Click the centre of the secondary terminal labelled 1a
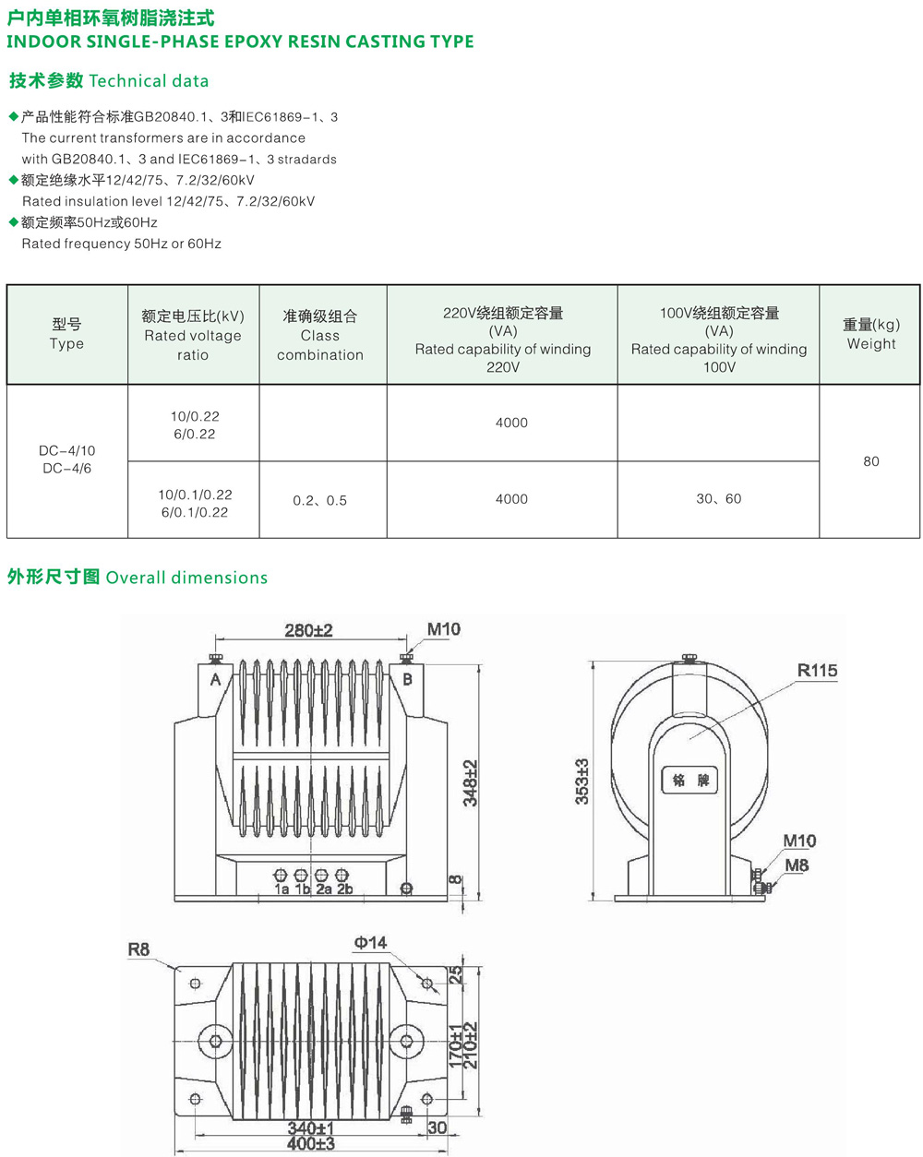pos(281,876)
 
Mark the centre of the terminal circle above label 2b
pos(342,876)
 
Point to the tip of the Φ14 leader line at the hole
pos(427,984)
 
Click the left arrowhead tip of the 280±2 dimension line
pos(216,639)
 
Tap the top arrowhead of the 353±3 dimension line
pos(593,662)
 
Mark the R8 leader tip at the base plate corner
pos(176,971)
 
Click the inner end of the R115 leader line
pos(689,740)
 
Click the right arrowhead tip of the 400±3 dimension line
pos(447,1151)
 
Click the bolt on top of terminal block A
pos(216,658)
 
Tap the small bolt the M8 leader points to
pos(761,889)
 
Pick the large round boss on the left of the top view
pos(216,1042)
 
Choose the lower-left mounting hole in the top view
pos(196,1099)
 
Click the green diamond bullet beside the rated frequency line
pos(14,221)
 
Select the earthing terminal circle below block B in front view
pos(407,889)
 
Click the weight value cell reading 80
pos(870,461)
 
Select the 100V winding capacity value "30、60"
pos(719,499)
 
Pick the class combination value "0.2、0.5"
pos(320,501)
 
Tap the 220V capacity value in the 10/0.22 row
pos(511,423)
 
